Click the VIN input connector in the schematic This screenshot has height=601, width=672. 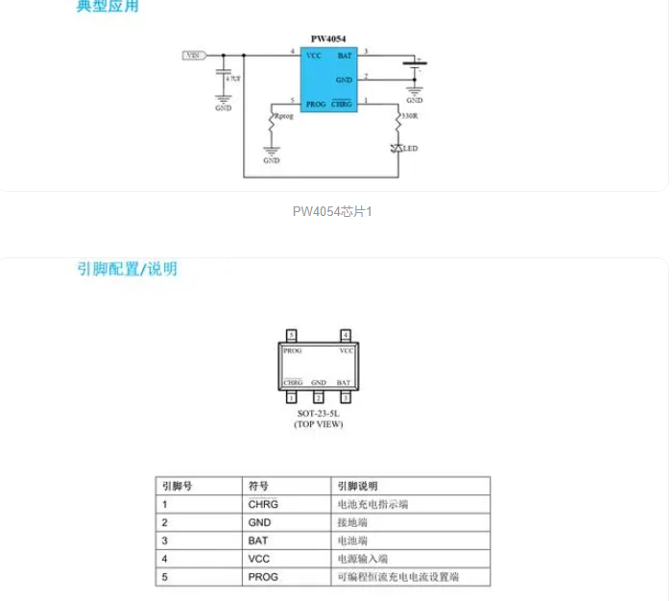click(x=194, y=55)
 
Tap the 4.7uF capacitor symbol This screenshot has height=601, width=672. click(x=225, y=74)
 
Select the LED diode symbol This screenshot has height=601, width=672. click(x=397, y=148)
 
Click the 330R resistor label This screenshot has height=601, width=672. click(x=410, y=115)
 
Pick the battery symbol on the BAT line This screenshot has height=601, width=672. click(x=415, y=65)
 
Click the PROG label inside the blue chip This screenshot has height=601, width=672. click(x=316, y=104)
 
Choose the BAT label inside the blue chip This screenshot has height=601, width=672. click(x=345, y=56)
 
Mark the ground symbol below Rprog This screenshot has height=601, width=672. click(x=271, y=152)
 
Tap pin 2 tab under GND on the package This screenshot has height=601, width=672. click(x=319, y=397)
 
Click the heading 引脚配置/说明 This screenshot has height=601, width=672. click(x=127, y=269)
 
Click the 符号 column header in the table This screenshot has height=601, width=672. click(x=258, y=486)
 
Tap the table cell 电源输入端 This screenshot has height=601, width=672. click(x=362, y=559)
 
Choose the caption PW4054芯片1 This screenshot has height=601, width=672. click(x=332, y=211)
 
